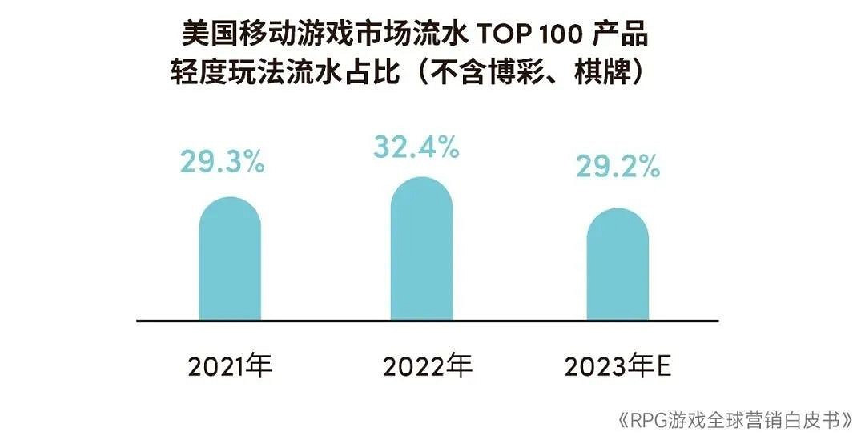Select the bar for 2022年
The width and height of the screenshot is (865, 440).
[421, 249]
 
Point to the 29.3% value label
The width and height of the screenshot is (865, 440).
[222, 162]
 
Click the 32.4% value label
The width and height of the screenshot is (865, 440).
[416, 147]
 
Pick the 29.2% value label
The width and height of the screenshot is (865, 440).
[618, 167]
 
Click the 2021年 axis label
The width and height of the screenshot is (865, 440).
[231, 367]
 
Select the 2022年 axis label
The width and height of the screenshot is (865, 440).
[428, 367]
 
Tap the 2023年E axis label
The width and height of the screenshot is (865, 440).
[618, 367]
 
